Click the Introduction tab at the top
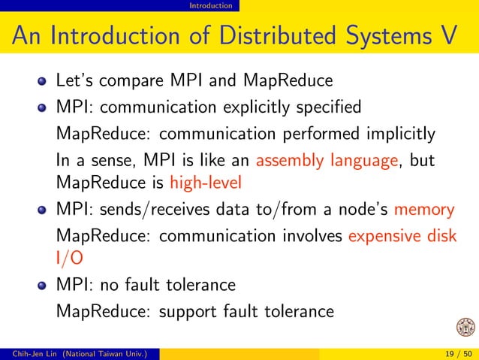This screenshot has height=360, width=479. (x=210, y=6)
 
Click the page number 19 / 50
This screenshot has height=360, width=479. (x=455, y=354)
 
